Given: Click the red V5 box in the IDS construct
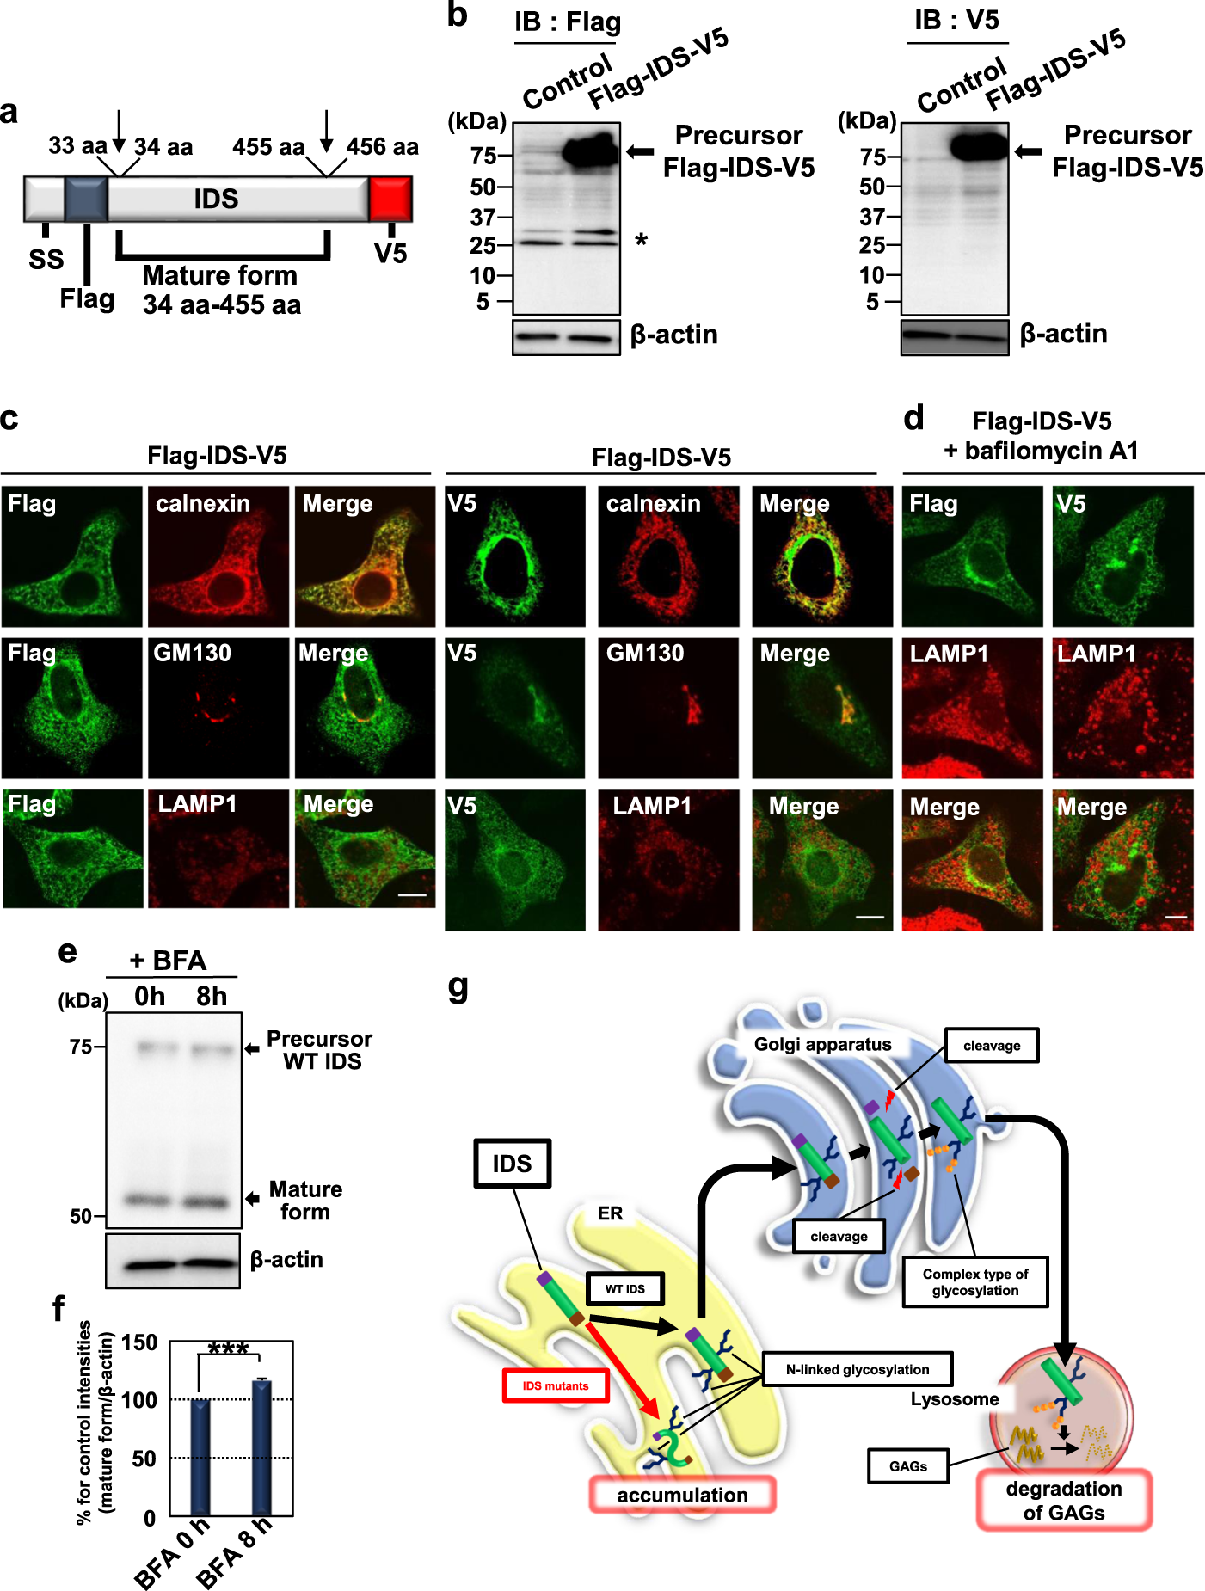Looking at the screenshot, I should [390, 199].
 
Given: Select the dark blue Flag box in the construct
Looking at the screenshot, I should [86, 199].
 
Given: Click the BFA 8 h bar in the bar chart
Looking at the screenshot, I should [261, 1447].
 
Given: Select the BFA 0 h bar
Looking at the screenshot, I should [200, 1457].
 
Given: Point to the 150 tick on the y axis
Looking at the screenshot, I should [139, 1342].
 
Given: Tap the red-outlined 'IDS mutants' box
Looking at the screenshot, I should [556, 1385].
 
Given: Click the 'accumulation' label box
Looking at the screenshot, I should [682, 1495].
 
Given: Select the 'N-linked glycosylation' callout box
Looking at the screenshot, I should [857, 1369].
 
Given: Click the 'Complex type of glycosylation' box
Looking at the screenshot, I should [974, 1282].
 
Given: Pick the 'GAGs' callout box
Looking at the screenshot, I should [907, 1466].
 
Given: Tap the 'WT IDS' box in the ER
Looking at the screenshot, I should [624, 1288].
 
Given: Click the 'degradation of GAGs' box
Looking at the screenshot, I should [1064, 1500].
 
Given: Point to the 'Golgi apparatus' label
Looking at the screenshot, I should [822, 1044].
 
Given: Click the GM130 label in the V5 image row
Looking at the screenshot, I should [645, 654].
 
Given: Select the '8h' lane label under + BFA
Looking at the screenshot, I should [212, 996].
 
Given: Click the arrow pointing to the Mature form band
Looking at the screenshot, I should [252, 1199].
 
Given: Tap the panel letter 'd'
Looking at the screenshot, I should [913, 418].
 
